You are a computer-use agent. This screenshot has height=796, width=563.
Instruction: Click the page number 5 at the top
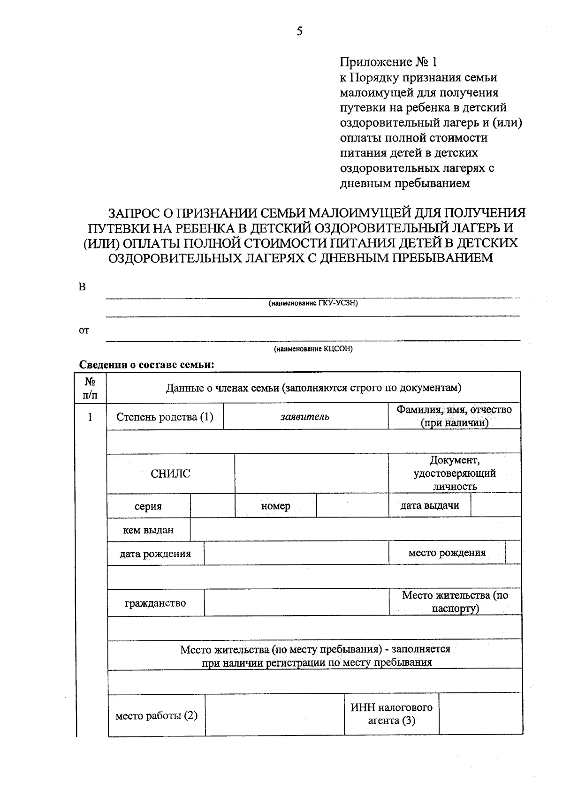(x=300, y=31)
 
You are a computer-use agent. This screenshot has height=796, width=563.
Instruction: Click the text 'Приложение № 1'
(x=388, y=62)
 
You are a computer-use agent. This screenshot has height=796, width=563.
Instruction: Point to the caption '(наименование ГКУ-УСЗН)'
(x=313, y=303)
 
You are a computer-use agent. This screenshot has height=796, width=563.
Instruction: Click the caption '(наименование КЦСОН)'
(x=313, y=349)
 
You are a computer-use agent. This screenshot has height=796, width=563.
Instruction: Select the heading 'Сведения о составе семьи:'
(x=146, y=365)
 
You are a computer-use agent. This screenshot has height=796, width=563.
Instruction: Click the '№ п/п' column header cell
(x=91, y=389)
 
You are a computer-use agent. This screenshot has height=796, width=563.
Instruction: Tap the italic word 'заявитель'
(x=305, y=417)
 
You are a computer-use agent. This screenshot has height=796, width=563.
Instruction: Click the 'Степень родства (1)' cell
(x=165, y=417)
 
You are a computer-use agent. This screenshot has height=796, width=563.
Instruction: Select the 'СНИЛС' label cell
(x=170, y=473)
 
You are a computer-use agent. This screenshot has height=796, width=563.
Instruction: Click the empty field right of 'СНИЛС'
(x=311, y=473)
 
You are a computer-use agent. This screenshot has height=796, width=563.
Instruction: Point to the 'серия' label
(x=148, y=506)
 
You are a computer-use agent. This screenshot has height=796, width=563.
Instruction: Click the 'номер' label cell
(x=275, y=506)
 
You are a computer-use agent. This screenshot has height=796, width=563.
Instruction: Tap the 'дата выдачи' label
(x=429, y=506)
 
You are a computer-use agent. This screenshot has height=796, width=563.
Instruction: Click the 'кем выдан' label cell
(x=148, y=530)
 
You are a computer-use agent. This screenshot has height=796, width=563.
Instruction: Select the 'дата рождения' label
(x=155, y=554)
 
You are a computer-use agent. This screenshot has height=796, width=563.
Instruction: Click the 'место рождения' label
(x=447, y=553)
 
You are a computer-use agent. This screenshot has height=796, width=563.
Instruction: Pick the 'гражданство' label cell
(x=155, y=603)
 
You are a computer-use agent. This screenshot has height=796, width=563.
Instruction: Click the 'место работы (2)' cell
(x=156, y=716)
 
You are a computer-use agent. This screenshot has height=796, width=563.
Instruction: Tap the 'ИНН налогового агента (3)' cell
(x=391, y=714)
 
